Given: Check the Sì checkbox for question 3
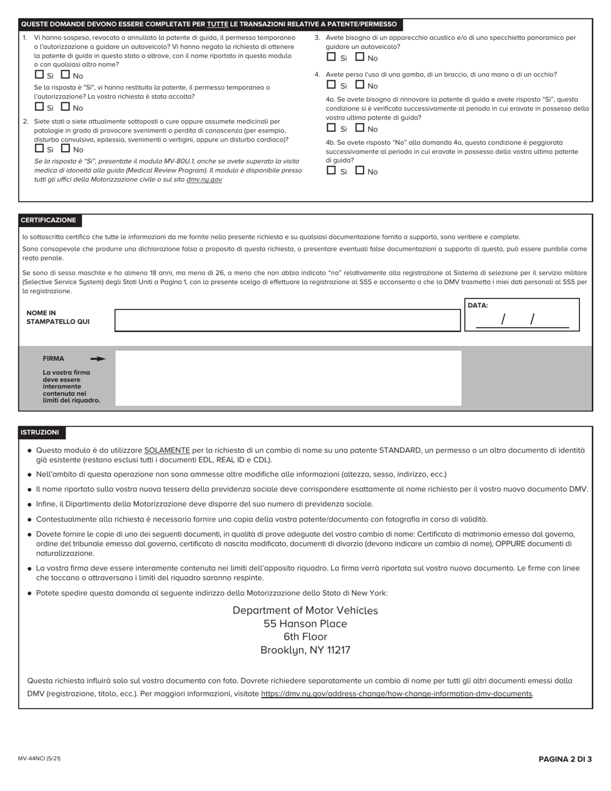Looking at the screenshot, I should click(331, 57).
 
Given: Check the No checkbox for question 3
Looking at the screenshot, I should click(360, 57).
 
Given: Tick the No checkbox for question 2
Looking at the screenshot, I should click(65, 149).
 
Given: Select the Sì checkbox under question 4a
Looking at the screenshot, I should click(331, 128).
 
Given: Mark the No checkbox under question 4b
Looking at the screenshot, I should click(360, 170).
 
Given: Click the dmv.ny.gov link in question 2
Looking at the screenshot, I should click(204, 180).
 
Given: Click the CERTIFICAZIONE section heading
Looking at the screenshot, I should click(48, 221).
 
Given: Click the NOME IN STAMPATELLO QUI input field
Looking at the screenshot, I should click(287, 320).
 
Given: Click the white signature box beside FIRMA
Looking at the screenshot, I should click(287, 377).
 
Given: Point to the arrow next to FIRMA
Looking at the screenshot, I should click(98, 359).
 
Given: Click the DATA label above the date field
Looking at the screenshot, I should click(477, 305).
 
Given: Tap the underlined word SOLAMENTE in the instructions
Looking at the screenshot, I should click(167, 450).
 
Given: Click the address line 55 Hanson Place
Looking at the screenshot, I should click(305, 624).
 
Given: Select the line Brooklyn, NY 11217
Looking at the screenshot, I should click(305, 650).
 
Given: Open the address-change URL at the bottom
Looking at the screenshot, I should click(397, 694).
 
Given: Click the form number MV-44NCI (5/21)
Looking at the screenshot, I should click(39, 759).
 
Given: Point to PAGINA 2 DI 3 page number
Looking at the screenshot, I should click(565, 759).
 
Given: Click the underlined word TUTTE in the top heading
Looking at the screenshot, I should click(217, 24).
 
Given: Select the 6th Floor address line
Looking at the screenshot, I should click(305, 637).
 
